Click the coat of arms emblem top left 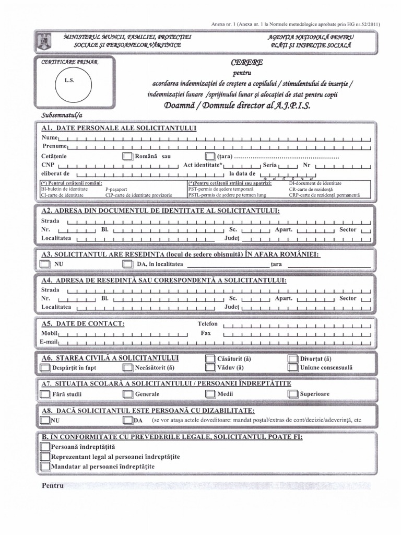[x=41, y=40]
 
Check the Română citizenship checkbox [x=127, y=156]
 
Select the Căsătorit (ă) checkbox [x=209, y=359]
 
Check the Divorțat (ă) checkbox [x=292, y=359]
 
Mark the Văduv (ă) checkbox [x=209, y=367]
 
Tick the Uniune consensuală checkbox [x=292, y=367]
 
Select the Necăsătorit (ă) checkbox [x=127, y=367]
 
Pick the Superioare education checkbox [x=292, y=393]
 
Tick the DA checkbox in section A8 [x=127, y=420]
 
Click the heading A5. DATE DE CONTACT [x=83, y=323]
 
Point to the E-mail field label [x=49, y=341]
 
